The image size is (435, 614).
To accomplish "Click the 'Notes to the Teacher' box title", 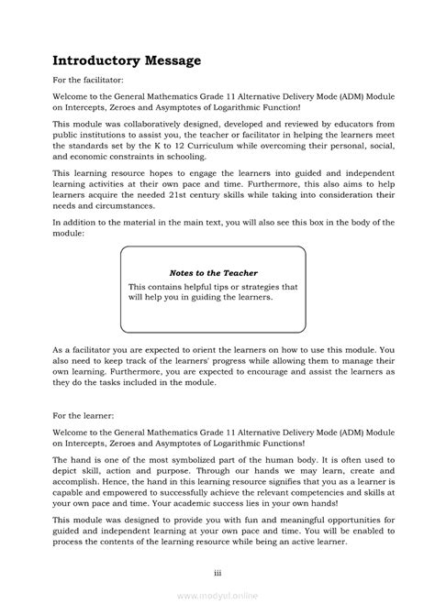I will (x=213, y=272).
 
